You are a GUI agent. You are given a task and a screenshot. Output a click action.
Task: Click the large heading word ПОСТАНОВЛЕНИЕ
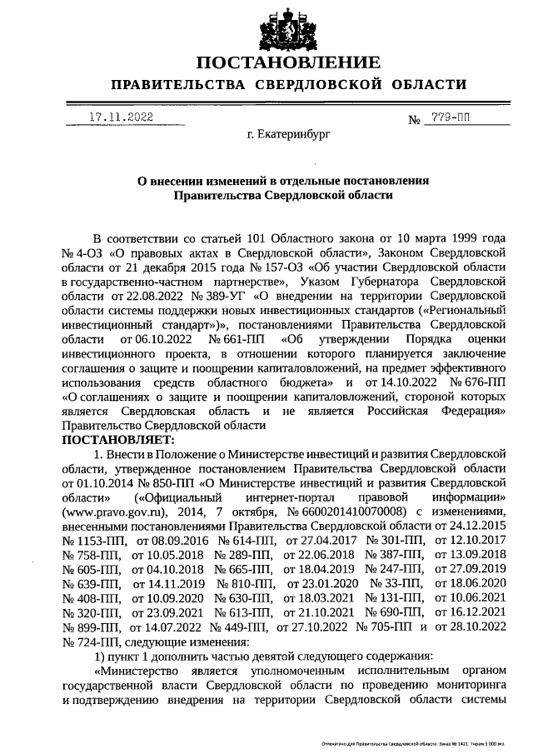click(x=289, y=62)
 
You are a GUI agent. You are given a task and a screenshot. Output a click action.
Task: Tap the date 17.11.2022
click(x=121, y=118)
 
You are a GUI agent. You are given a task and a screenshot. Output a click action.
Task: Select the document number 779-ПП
click(x=450, y=118)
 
